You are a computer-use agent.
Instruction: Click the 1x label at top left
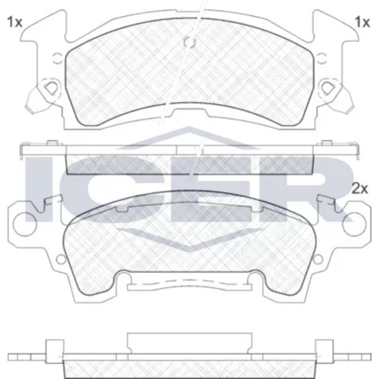point(14,22)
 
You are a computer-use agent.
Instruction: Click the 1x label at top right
point(362,22)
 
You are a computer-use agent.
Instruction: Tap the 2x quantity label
point(360,189)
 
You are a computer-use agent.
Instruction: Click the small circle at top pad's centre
point(189,42)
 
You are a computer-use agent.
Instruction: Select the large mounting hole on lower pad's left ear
point(25,224)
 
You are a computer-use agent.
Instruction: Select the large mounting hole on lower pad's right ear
point(354,224)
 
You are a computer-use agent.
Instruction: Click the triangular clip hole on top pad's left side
point(52,88)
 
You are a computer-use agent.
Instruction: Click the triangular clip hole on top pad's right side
point(328,88)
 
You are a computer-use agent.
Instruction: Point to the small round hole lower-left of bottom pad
point(61,259)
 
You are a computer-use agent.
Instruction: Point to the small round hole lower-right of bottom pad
point(318,259)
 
